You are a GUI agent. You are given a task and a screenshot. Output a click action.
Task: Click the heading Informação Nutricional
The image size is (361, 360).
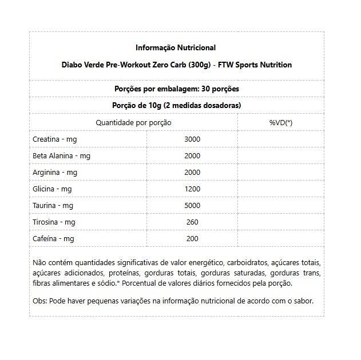coord(176,47)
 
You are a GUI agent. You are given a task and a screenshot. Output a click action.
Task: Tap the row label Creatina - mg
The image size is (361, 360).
coord(55,139)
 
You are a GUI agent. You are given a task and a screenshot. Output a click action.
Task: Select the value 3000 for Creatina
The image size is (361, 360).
coord(192,139)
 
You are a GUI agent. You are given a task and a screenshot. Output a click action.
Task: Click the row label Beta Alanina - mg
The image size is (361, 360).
coord(61,156)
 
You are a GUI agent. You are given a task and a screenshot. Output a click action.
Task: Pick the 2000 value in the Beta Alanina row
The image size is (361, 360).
coord(192,156)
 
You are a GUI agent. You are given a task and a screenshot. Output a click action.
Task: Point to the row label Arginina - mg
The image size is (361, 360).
coord(55,173)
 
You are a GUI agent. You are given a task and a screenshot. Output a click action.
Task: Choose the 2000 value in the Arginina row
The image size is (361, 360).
coord(192,173)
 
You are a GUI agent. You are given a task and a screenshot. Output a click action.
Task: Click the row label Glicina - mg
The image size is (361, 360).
coord(52,189)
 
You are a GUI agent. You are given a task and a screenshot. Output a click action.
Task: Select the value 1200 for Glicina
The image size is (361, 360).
coord(192,189)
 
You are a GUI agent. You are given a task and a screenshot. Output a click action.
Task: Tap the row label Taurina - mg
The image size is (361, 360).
coord(53,206)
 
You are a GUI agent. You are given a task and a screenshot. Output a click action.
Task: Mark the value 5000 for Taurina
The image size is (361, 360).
coord(192,206)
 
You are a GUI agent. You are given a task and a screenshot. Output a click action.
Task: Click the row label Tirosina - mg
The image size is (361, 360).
coord(54,222)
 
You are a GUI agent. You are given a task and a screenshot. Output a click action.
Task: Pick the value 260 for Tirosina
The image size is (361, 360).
coord(192,222)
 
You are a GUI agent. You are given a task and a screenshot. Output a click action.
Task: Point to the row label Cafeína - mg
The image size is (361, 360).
coord(53,239)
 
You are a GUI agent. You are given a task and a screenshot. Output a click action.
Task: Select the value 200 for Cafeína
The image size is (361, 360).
coord(192,239)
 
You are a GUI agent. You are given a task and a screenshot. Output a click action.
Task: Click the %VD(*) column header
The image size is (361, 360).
coord(280,122)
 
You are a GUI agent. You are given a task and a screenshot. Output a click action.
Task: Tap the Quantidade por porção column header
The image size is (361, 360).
coord(133,122)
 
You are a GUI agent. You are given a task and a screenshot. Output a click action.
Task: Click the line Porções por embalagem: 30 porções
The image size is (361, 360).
coord(177,89)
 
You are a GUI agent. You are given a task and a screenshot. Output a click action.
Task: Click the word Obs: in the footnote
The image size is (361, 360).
coord(40,301)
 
